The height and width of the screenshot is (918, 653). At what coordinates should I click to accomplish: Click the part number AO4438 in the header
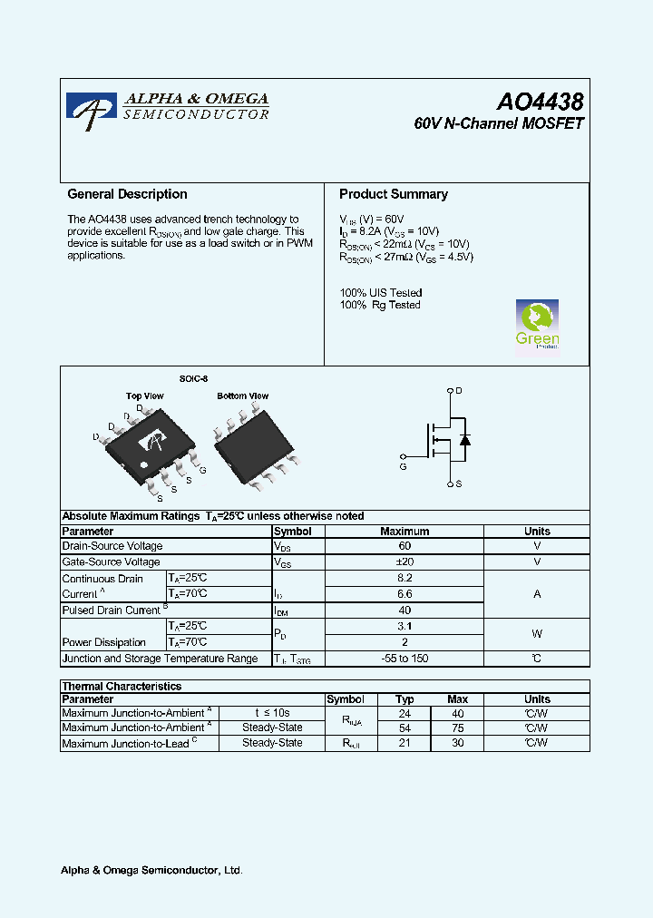click(539, 103)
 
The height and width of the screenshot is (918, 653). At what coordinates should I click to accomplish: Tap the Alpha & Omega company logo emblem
click(91, 111)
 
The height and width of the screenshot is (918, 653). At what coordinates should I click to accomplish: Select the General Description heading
click(127, 194)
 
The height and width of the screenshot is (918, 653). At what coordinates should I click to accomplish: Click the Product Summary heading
click(394, 194)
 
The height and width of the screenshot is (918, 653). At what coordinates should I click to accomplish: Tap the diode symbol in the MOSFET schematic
click(464, 440)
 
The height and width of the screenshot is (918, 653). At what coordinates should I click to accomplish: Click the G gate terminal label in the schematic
click(403, 467)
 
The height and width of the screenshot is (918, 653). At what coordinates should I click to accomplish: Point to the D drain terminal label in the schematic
click(459, 390)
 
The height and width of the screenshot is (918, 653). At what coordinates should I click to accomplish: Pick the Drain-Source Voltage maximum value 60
click(404, 546)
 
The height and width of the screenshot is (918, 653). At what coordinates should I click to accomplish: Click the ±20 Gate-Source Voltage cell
click(404, 562)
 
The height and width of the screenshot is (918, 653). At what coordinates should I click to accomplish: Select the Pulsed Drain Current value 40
click(404, 610)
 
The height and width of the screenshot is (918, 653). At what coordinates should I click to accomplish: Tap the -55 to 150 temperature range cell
click(404, 659)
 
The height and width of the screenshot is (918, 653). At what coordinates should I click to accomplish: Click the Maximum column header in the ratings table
click(404, 532)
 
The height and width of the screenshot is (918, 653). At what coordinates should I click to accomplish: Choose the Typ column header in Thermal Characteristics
click(404, 699)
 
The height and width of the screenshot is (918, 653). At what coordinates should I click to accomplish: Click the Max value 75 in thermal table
click(457, 728)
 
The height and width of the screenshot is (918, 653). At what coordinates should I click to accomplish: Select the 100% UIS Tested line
click(381, 293)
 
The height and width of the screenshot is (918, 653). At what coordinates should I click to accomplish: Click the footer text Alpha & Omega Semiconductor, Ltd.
click(151, 871)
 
